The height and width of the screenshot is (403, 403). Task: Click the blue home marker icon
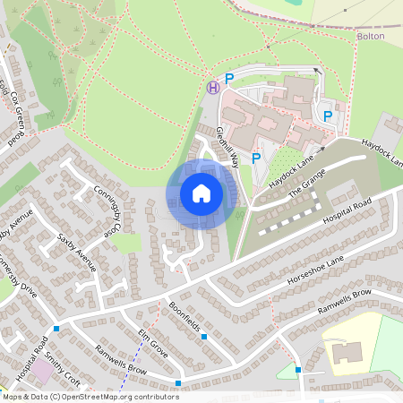tap(201, 193)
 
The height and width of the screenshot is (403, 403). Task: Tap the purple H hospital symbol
tap(213, 87)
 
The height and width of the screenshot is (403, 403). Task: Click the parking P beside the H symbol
tap(229, 79)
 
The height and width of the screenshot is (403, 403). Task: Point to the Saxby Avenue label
tap(75, 253)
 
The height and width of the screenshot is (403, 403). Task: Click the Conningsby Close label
tap(107, 210)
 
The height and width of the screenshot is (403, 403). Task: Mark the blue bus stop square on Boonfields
tap(204, 337)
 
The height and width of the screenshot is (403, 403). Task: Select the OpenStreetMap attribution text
tap(90, 396)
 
